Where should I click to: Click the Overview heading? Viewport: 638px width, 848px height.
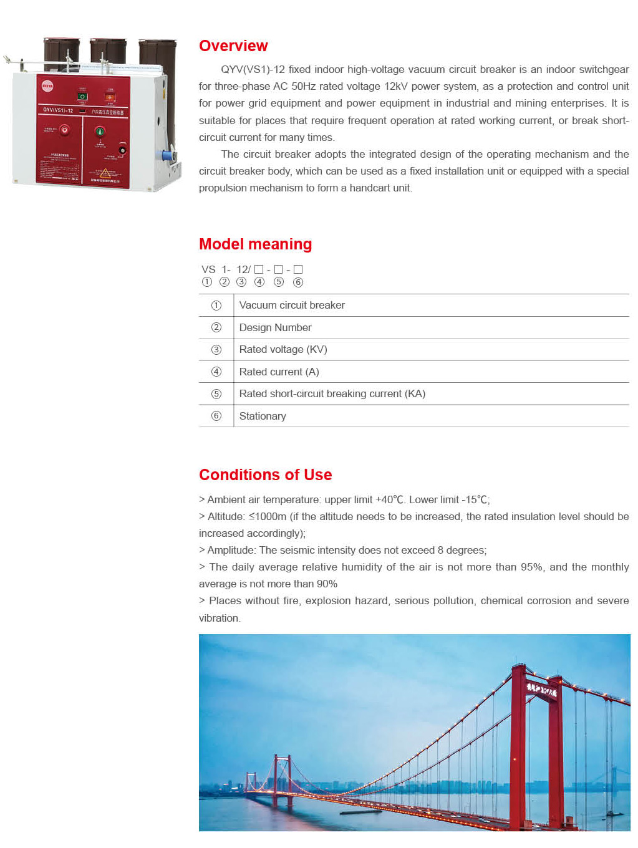pyautogui.click(x=233, y=46)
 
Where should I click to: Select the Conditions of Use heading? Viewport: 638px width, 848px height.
pyautogui.click(x=265, y=475)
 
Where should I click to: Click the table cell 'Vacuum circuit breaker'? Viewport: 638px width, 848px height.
pyautogui.click(x=292, y=306)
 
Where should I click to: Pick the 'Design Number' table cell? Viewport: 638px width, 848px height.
pyautogui.click(x=275, y=328)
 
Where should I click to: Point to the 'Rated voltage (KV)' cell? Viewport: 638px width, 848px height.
pyautogui.click(x=283, y=350)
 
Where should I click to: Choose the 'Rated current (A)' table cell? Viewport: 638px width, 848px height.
pyautogui.click(x=279, y=372)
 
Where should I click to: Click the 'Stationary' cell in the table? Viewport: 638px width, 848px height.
pyautogui.click(x=263, y=417)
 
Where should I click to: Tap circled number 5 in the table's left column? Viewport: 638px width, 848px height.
pyautogui.click(x=216, y=394)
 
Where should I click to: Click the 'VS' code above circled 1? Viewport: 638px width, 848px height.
pyautogui.click(x=208, y=269)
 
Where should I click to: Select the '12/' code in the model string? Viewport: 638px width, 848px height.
pyautogui.click(x=243, y=269)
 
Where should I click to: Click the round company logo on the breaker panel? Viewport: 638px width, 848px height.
pyautogui.click(x=47, y=86)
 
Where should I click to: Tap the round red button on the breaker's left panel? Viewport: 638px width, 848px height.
pyautogui.click(x=64, y=130)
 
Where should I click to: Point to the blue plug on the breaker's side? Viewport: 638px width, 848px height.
pyautogui.click(x=167, y=155)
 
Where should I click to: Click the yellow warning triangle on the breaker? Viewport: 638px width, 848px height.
pyautogui.click(x=105, y=173)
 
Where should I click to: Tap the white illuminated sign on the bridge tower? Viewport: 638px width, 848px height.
pyautogui.click(x=541, y=690)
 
